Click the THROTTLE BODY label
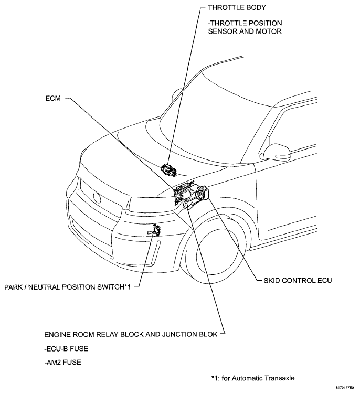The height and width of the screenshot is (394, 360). pyautogui.click(x=237, y=7)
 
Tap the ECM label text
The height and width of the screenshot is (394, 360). pyautogui.click(x=53, y=98)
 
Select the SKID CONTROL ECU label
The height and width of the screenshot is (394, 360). pyautogui.click(x=298, y=281)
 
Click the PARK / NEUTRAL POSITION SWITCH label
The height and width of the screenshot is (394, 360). pyautogui.click(x=68, y=287)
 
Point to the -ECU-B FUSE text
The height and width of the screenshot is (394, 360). pyautogui.click(x=66, y=349)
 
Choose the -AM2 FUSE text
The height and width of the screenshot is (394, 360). pyautogui.click(x=62, y=363)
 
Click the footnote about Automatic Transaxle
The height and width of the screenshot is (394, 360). pyautogui.click(x=253, y=378)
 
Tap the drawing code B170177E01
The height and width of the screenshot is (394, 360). pyautogui.click(x=345, y=388)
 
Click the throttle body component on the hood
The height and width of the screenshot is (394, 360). pyautogui.click(x=168, y=170)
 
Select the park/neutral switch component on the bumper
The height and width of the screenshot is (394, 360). pyautogui.click(x=155, y=230)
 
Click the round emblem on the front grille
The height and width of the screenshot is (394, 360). pyautogui.click(x=97, y=197)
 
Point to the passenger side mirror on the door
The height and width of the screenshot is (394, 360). pyautogui.click(x=277, y=151)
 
